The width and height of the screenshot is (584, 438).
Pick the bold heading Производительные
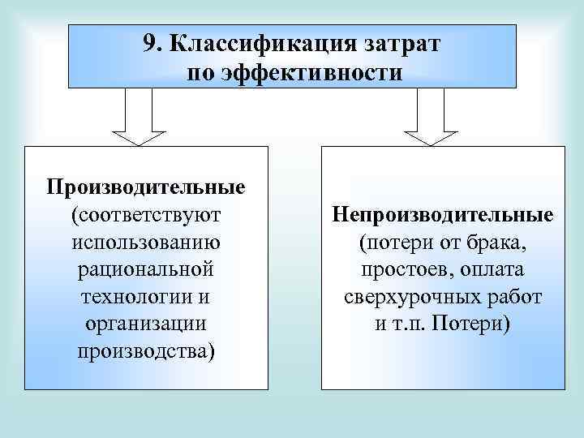(146, 187)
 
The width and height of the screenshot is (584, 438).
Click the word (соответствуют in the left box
(146, 215)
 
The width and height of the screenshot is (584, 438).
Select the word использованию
(146, 242)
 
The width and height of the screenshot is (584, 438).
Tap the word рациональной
(146, 268)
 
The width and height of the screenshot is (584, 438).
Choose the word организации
(146, 323)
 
